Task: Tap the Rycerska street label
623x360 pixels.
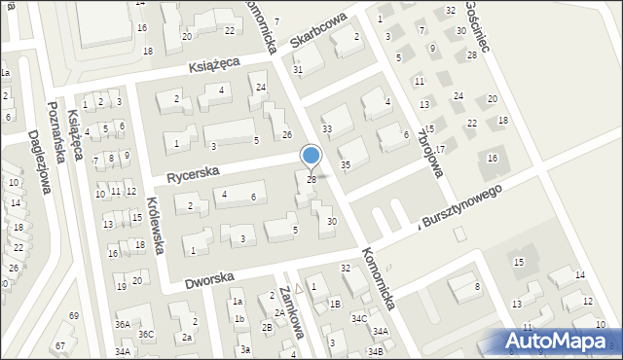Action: coord(193,173)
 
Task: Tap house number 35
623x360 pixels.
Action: coord(346,165)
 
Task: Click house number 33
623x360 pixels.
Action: coord(328,129)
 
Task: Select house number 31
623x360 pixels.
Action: coord(298,69)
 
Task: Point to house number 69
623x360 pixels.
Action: coord(74,316)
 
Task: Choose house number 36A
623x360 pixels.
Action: coord(122,324)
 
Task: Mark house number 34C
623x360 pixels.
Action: coord(359,318)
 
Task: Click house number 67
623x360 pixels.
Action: coord(60,346)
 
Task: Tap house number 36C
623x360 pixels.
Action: coord(145,334)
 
